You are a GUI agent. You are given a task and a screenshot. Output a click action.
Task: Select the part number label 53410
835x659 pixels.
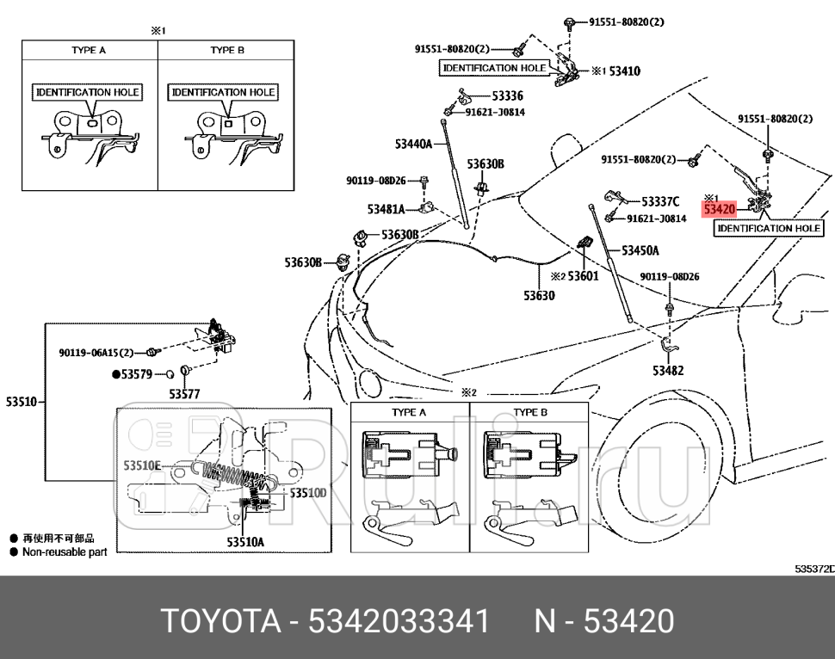(x=624, y=71)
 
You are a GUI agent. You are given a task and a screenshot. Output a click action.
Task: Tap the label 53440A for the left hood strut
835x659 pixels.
(x=413, y=144)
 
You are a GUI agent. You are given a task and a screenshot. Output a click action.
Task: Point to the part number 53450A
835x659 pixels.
(x=640, y=251)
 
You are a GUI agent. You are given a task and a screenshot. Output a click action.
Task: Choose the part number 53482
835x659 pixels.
(x=668, y=370)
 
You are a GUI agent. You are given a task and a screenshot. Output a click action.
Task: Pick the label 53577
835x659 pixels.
(x=183, y=394)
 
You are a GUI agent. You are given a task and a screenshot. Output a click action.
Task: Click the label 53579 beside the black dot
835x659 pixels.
(x=136, y=374)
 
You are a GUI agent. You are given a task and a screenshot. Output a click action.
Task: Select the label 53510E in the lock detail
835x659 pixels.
(x=142, y=465)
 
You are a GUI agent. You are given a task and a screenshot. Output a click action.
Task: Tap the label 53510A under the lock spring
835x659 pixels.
(x=245, y=542)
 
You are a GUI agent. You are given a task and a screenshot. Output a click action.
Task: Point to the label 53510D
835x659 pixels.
(x=307, y=493)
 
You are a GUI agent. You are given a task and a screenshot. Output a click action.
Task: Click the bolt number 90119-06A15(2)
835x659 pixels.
(x=96, y=353)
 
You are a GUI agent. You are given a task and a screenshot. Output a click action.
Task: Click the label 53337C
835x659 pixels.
(x=660, y=202)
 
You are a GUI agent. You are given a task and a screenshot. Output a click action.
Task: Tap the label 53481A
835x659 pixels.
(x=386, y=209)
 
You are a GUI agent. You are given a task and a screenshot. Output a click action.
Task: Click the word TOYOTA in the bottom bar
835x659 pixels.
(x=219, y=620)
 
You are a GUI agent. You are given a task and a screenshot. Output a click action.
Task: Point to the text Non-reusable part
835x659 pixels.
(x=65, y=552)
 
